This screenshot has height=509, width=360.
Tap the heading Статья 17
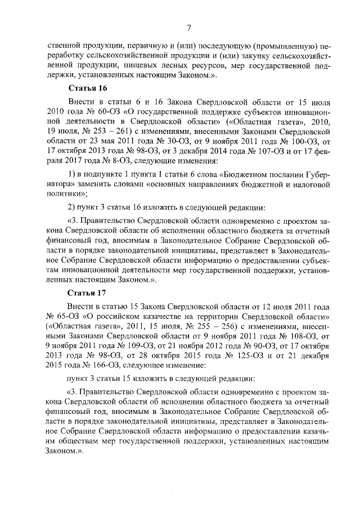pyautogui.click(x=87, y=293)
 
